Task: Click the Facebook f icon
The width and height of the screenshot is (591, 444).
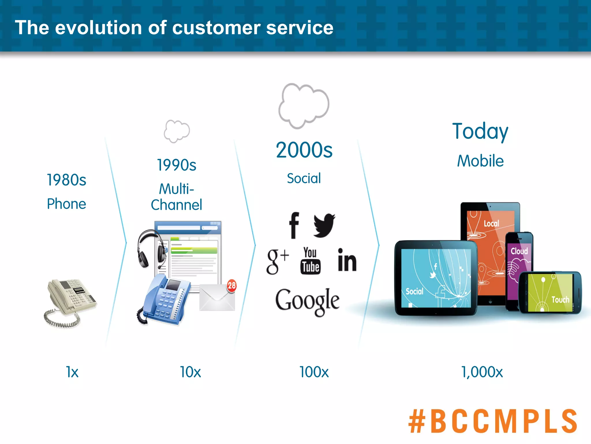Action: coord(294,225)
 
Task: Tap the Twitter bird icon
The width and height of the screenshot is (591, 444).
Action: coord(324,225)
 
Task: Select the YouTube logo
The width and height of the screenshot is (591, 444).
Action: coord(310,261)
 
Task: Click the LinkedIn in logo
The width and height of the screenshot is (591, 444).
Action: coord(347,260)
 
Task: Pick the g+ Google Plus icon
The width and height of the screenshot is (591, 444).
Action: coord(277,261)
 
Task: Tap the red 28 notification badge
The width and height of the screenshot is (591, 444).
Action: coord(231,286)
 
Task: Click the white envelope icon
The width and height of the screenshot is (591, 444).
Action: coord(217,298)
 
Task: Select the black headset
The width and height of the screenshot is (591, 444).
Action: coord(150,249)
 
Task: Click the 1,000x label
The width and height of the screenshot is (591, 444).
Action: coord(482,372)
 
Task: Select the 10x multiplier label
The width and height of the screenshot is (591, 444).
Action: coord(190,372)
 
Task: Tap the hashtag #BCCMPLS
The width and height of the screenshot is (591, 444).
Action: coord(492,421)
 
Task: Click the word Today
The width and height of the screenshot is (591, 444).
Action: coord(480,132)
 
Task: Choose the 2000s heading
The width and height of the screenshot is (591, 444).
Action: coord(304,150)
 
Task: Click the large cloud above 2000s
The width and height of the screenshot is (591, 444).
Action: coord(304,106)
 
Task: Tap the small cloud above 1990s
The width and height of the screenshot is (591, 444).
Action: coord(177,131)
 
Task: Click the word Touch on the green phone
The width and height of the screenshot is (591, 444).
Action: coord(560,300)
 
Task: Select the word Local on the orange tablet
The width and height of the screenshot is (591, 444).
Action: coord(491,223)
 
